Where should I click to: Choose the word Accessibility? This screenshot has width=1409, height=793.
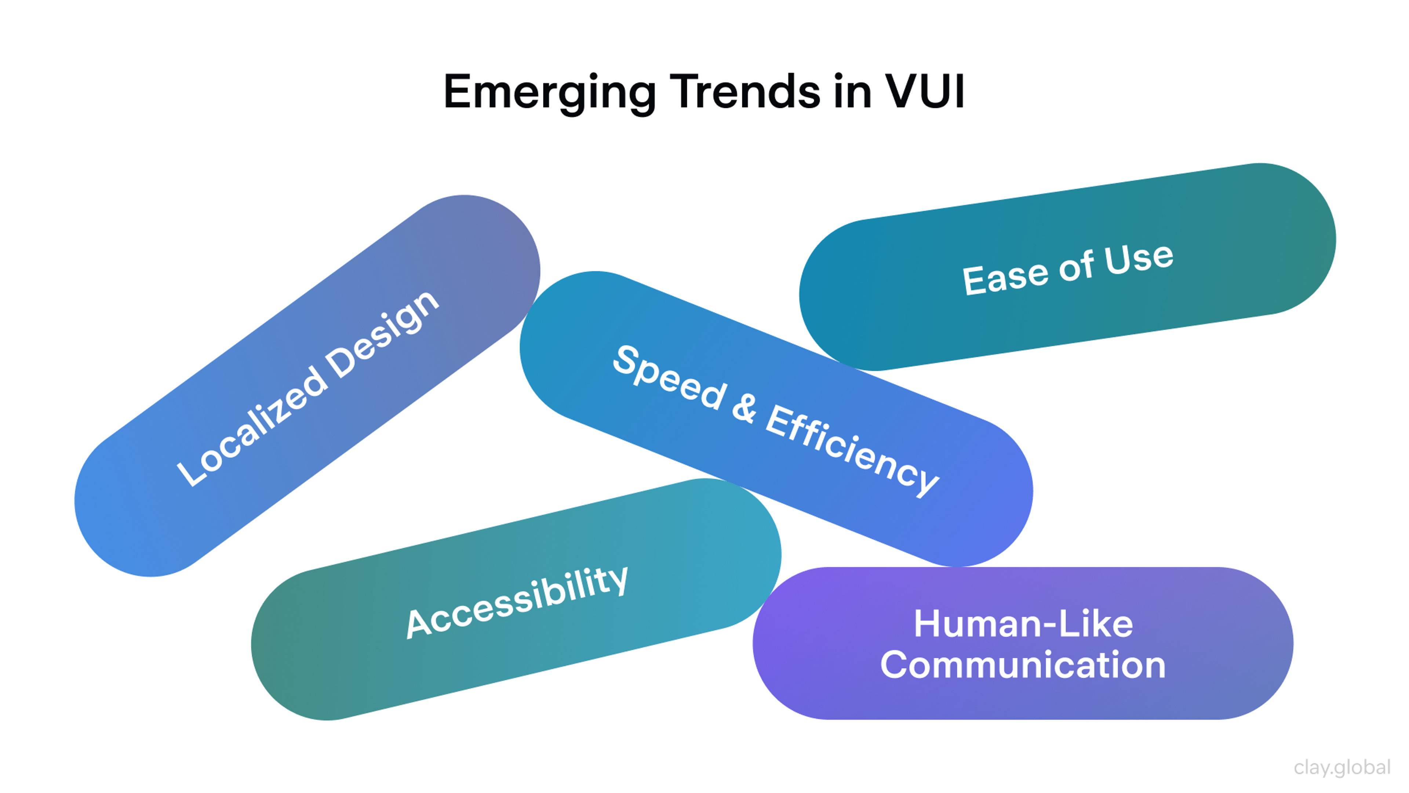point(517,602)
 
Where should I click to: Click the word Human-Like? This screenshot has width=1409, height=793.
point(1023,623)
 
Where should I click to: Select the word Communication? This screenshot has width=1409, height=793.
point(1023,665)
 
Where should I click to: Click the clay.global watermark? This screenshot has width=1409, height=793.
point(1342,767)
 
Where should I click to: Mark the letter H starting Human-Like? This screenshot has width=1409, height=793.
point(928,623)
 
